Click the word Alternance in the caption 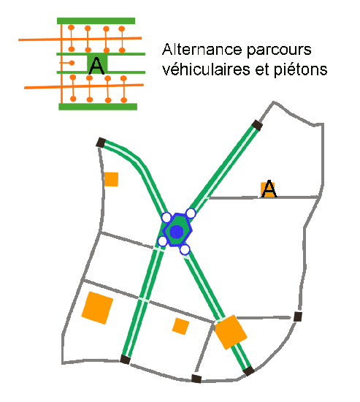point(202,50)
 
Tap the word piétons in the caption point(301,70)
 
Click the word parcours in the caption point(279,50)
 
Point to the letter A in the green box point(96,66)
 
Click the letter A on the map point(269,189)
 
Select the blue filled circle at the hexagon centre point(177,232)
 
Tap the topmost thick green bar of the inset point(96,20)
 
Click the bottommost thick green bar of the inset point(98,107)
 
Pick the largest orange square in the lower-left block point(97,308)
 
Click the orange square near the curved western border point(111,179)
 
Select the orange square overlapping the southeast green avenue point(231,332)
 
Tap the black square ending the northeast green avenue point(257,126)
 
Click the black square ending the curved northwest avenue point(101,143)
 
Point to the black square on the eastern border point(297,316)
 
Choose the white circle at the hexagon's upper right point(191,213)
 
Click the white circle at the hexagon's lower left point(162,241)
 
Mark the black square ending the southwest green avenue point(126,359)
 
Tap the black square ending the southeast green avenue point(248,371)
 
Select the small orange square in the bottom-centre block point(180,327)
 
